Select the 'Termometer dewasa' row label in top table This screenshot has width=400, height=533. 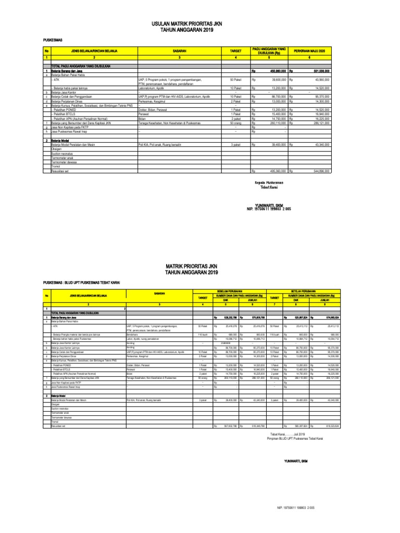click(64, 163)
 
